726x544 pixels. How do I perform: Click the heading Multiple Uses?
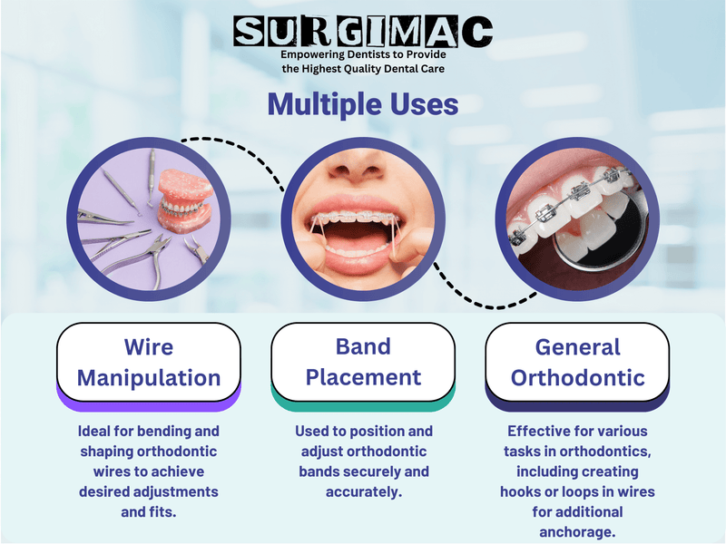click(x=362, y=104)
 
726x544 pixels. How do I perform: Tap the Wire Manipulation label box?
click(x=148, y=362)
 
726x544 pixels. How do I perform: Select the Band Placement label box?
click(x=363, y=362)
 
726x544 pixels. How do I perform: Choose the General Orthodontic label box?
click(x=577, y=362)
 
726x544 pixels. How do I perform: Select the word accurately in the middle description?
click(x=363, y=491)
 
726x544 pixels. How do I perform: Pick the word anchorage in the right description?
click(x=577, y=532)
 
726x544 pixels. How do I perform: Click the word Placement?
click(x=363, y=376)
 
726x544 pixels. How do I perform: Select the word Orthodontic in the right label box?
click(x=577, y=376)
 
